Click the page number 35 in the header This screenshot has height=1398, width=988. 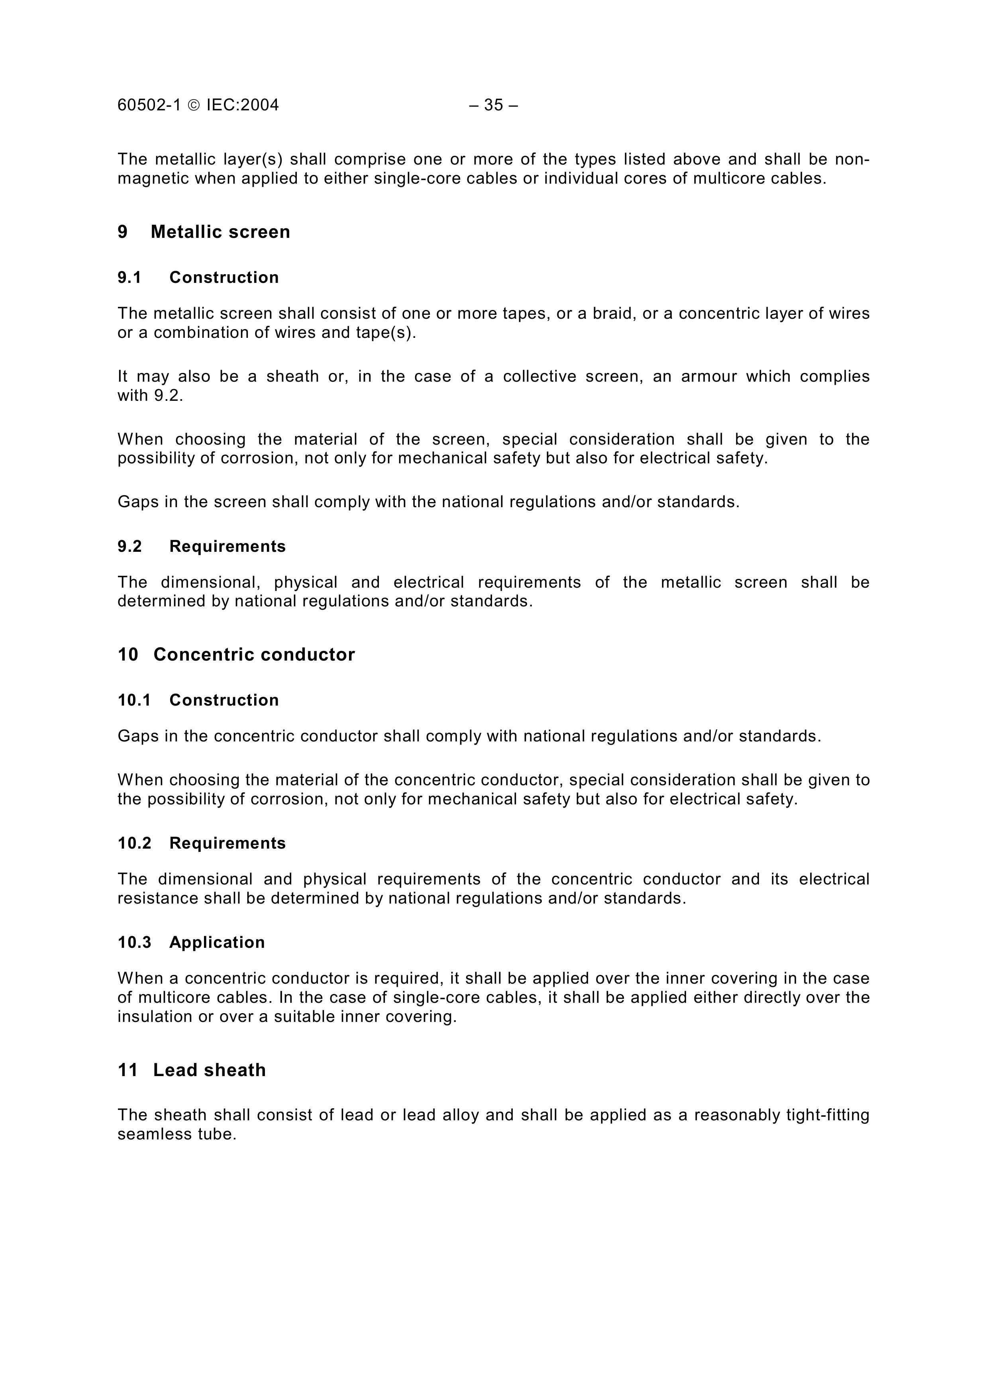click(493, 105)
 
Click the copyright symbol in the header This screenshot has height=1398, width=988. click(194, 105)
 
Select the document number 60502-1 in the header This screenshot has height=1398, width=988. click(149, 105)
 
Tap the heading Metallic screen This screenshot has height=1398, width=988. click(220, 232)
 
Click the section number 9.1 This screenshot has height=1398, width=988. click(129, 278)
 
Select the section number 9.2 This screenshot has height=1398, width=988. click(129, 547)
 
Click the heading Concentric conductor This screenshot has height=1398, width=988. click(254, 655)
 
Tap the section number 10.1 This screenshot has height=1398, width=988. click(134, 700)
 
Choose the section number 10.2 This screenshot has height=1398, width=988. click(134, 843)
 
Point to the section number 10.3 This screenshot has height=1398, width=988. click(134, 943)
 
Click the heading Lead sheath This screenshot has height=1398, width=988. click(210, 1071)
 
